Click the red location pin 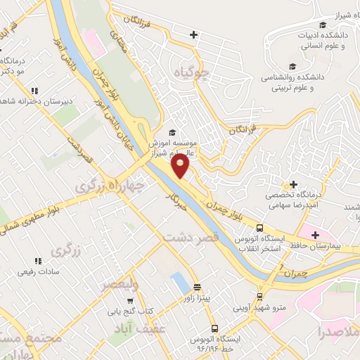[x=181, y=166]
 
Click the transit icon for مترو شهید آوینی [x=259, y=297]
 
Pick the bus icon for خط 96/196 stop [x=215, y=328]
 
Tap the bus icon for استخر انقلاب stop [x=259, y=228]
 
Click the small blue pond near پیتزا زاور [x=179, y=284]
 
